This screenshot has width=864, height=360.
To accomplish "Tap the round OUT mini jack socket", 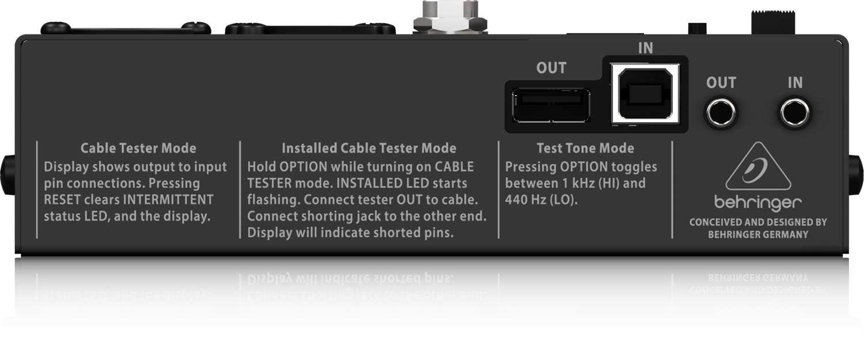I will (x=721, y=112).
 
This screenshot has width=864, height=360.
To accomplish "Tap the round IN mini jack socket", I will (x=795, y=112).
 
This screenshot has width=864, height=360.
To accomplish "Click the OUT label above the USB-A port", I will (x=551, y=68).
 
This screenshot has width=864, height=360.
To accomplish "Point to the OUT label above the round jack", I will (x=721, y=83).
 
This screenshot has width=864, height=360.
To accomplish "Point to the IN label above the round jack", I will (x=795, y=83).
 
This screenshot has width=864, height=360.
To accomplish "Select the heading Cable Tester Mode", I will (x=138, y=148).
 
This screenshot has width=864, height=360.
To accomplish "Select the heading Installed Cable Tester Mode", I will (x=369, y=148).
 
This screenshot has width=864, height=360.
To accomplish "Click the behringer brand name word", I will (x=757, y=203).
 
